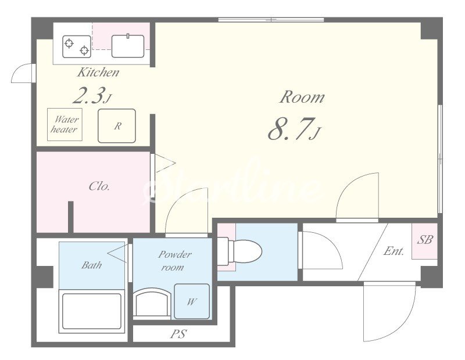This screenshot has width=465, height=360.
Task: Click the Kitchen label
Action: click(98, 73)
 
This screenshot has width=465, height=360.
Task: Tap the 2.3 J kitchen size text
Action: click(92, 95)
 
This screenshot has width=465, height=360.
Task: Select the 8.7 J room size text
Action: click(294, 129)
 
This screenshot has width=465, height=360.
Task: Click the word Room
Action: click(302, 97)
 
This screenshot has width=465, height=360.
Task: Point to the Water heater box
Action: click(65, 124)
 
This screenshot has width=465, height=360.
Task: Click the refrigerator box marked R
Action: click(117, 125)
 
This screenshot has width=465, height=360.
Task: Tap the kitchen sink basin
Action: click(128, 46)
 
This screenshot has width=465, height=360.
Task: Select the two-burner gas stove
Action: click(77, 46)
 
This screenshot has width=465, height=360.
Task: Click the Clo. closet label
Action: click(99, 186)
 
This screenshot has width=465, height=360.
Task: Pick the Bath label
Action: click(92, 265)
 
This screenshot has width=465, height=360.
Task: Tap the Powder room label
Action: click(175, 261)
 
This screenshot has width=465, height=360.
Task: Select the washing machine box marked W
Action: click(192, 301)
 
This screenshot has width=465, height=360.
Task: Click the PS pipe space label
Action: click(178, 334)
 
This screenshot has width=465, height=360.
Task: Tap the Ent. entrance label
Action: click(394, 251)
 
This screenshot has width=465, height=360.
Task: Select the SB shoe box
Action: click(425, 241)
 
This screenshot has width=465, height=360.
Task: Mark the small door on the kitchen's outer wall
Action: click(22, 73)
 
